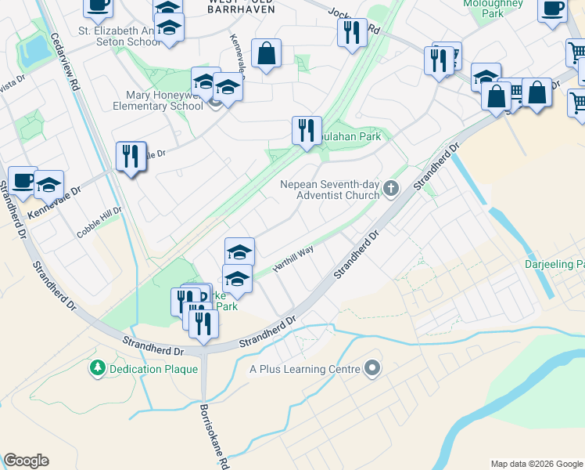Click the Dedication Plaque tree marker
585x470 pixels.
point(98,367)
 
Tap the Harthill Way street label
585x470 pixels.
point(292,258)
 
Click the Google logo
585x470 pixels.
point(26,461)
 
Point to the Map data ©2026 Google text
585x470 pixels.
point(536,463)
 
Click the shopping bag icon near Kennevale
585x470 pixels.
point(266,53)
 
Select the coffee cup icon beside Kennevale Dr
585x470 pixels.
point(23,179)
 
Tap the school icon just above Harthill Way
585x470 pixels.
point(239,251)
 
